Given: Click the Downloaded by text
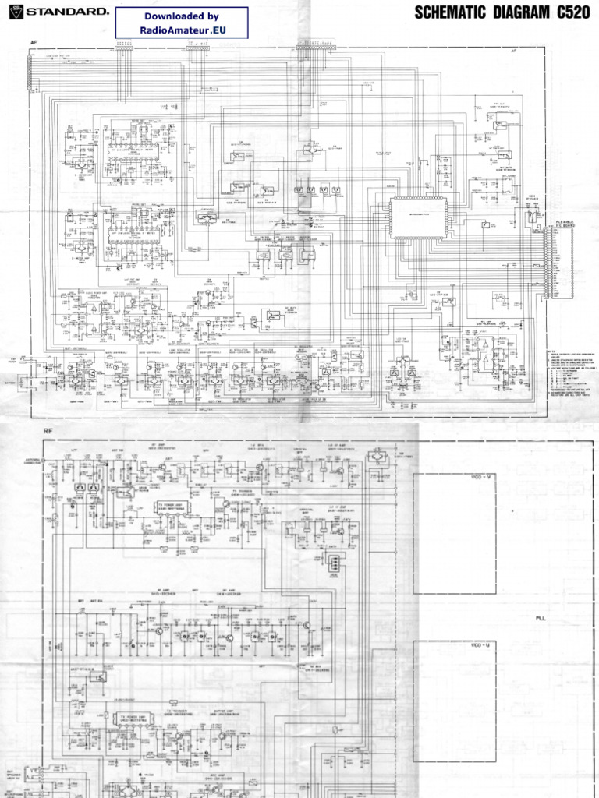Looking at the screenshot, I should point(181,16).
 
